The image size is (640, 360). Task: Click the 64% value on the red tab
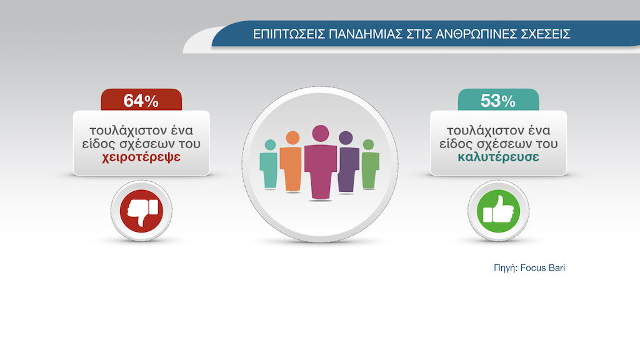tap(141, 101)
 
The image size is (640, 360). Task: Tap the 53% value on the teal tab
tap(498, 101)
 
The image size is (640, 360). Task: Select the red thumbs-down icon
tap(141, 211)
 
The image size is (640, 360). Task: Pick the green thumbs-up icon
tap(498, 211)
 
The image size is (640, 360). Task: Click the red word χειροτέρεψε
tap(141, 157)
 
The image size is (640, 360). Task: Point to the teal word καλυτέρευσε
tap(498, 157)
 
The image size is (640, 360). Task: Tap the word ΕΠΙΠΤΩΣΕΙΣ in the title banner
tap(289, 34)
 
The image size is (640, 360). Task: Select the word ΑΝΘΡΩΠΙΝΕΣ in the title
tap(476, 34)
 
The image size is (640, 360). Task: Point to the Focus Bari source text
tap(542, 267)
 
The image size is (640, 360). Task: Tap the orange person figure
tap(291, 161)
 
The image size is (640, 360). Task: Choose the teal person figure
tap(269, 164)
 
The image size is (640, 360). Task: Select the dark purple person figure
tap(347, 162)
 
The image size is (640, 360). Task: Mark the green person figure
tap(369, 164)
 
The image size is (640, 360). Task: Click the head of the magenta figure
tap(321, 134)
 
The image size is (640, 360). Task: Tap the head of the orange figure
tap(292, 138)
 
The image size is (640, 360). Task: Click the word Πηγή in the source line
tap(506, 268)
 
